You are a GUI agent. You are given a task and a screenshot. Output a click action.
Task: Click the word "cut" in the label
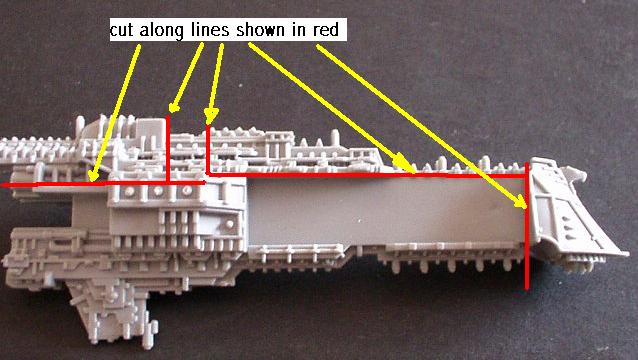coord(122,31)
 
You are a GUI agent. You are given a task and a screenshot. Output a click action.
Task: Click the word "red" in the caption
coord(326,30)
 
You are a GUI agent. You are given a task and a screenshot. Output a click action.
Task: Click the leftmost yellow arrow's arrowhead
coord(94,175)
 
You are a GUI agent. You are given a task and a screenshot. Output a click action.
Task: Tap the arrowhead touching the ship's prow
coord(520,202)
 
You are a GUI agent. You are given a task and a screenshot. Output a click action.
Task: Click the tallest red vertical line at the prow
coord(527,226)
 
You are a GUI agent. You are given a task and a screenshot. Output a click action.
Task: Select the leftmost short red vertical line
coord(168,149)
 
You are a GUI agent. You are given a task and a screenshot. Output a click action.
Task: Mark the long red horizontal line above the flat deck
coord(366,175)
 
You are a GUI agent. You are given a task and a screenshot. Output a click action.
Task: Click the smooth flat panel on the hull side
coord(387,212)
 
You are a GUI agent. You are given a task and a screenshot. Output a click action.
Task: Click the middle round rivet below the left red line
coord(158,191)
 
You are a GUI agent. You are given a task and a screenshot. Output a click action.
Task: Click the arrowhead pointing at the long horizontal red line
coord(405,165)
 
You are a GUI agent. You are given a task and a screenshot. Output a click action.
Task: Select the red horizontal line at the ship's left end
coord(103,184)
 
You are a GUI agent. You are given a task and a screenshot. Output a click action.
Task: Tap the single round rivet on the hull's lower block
coord(230,223)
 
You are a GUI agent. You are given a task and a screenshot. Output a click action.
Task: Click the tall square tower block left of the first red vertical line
coord(150,132)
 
